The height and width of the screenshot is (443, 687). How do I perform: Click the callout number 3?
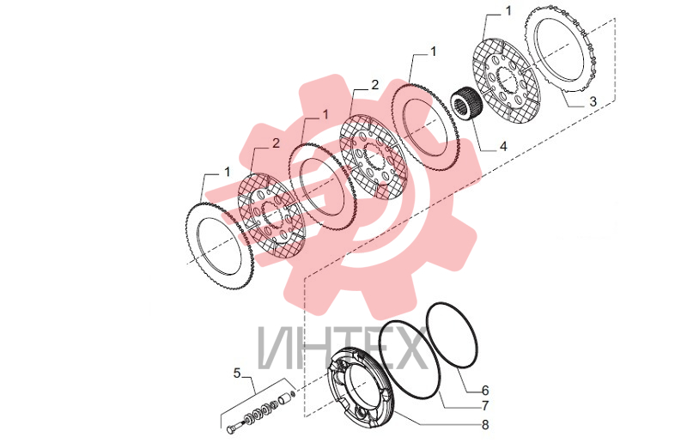[x=593, y=101]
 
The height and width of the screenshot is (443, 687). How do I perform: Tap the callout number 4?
[x=503, y=146]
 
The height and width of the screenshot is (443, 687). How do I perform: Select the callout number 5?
[x=237, y=373]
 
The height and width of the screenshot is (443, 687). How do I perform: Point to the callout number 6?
[x=485, y=390]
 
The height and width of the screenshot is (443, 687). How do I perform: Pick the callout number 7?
[x=485, y=406]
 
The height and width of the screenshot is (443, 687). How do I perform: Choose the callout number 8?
[x=485, y=425]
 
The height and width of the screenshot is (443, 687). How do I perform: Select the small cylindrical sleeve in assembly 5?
[x=284, y=399]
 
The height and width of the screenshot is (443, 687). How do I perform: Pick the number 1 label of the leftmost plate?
[x=227, y=172]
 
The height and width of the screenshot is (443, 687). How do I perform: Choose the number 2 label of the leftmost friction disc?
[x=276, y=143]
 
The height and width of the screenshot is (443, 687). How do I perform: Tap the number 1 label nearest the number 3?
[x=508, y=11]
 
